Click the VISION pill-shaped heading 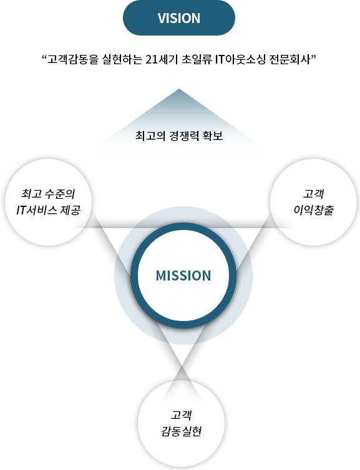click(179, 17)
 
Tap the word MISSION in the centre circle click(183, 276)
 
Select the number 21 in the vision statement click(152, 59)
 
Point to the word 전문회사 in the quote click(290, 59)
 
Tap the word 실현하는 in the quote click(122, 59)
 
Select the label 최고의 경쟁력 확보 click(179, 136)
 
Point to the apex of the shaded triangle click(179, 89)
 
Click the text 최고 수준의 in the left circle click(48, 194)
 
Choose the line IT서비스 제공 click(48, 210)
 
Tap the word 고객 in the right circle click(313, 194)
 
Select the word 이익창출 click(313, 210)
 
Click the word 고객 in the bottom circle click(181, 415)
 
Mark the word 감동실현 click(181, 431)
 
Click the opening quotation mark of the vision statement click(44, 57)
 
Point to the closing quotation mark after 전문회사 click(314, 57)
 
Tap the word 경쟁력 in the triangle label click(184, 136)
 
